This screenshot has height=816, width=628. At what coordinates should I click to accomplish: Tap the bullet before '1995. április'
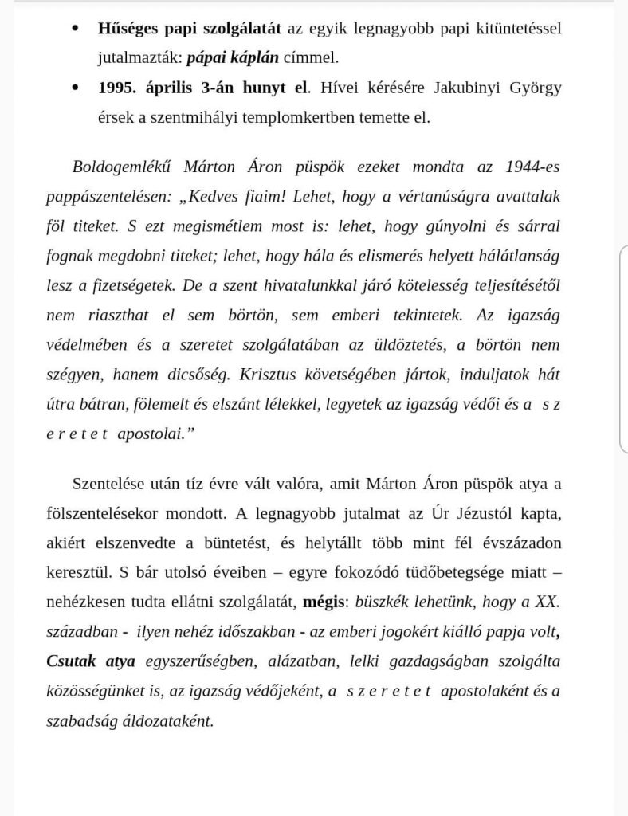coord(76,88)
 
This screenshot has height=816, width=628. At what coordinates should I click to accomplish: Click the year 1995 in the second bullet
coord(116,88)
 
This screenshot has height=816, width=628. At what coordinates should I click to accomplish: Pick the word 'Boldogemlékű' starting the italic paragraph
coord(116,168)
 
